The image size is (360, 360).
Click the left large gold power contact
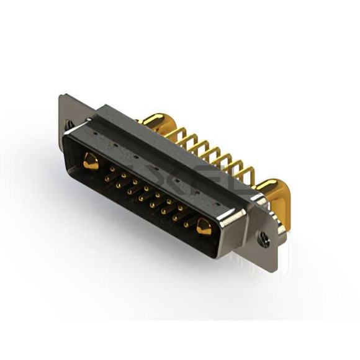coord(91,162)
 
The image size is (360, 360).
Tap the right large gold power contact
coord(204,228)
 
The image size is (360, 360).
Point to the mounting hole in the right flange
coord(264,236)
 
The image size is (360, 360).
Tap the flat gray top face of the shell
coord(155,149)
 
